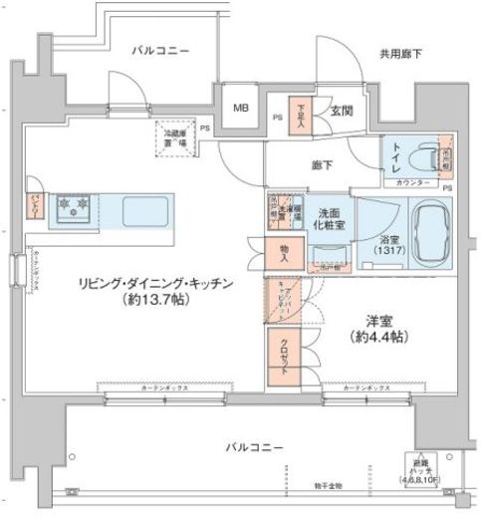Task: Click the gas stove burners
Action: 73,207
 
